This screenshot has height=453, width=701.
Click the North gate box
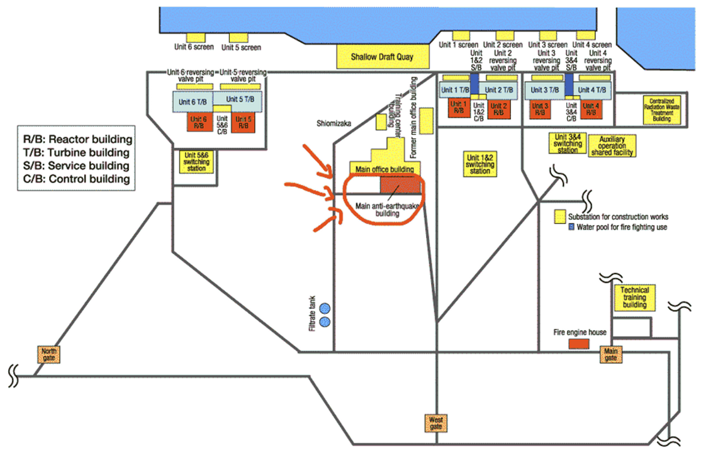[48, 354]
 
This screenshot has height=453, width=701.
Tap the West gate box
[436, 422]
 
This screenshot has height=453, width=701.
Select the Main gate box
[609, 354]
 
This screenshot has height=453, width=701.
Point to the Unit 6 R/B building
[198, 122]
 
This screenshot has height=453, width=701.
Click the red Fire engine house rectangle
[579, 344]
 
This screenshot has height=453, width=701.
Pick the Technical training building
[634, 298]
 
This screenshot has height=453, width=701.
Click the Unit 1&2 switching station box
[480, 163]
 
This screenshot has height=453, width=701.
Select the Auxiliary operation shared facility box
[615, 145]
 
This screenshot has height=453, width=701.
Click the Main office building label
[384, 169]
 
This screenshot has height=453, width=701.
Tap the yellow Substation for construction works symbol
[558, 216]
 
